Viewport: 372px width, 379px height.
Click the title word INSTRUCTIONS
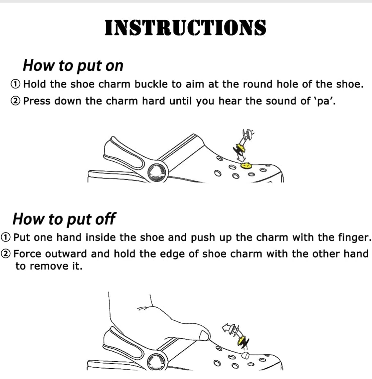(185, 28)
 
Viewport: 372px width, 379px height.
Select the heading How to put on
(73, 66)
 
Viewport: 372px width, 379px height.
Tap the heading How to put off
(64, 219)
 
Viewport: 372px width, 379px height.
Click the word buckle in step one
(151, 84)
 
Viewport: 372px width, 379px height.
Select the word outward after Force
(66, 254)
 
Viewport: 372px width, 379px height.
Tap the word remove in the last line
(49, 266)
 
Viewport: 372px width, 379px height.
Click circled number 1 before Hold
(15, 84)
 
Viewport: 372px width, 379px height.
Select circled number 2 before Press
(15, 101)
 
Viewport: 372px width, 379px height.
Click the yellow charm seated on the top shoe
(246, 165)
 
